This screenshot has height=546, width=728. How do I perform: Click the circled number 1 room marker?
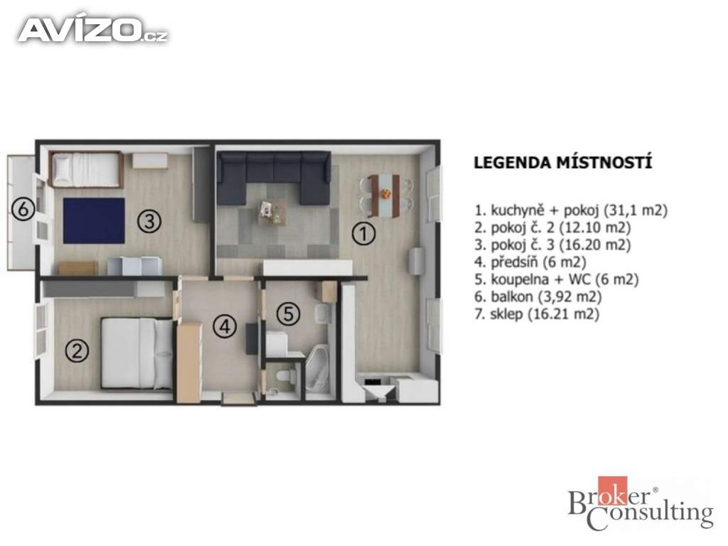click(x=363, y=233)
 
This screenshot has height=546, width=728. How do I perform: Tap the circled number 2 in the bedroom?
click(x=77, y=350)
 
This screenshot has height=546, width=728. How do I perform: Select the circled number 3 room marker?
click(x=149, y=222)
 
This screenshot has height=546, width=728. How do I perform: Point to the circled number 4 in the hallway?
click(x=225, y=326)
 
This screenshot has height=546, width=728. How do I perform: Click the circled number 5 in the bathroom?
click(x=289, y=314)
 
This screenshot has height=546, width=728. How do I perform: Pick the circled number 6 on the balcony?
click(x=23, y=210)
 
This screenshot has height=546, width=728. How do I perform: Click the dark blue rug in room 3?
click(x=94, y=220)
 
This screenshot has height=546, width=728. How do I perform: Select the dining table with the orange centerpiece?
click(x=384, y=196)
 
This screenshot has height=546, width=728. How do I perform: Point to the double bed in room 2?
click(x=137, y=353)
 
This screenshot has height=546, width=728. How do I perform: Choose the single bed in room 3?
click(x=86, y=169)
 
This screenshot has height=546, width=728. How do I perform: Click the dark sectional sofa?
click(x=274, y=177)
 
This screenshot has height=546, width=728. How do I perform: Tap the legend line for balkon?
click(x=537, y=296)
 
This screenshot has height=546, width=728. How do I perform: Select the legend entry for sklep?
click(x=537, y=314)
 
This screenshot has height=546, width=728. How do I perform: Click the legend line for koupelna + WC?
click(x=556, y=279)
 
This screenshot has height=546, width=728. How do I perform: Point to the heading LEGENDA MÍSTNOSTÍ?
click(x=563, y=163)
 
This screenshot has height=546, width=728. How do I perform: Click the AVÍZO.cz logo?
click(x=92, y=30)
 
